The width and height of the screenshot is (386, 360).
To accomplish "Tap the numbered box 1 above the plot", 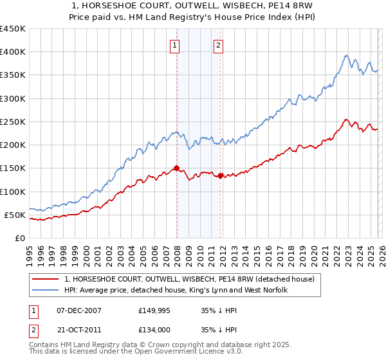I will pyautogui.click(x=175, y=45).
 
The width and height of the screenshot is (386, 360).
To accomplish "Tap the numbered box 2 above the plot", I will pyautogui.click(x=219, y=45).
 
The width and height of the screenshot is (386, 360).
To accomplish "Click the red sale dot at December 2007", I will pyautogui.click(x=176, y=168).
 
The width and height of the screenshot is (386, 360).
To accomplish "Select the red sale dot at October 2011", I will pyautogui.click(x=220, y=175).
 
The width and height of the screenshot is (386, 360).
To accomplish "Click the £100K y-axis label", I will pyautogui.click(x=13, y=192).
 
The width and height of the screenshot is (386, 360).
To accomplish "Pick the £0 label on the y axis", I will pyautogui.click(x=21, y=238).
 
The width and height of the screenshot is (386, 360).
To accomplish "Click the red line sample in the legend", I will pyautogui.click(x=46, y=279).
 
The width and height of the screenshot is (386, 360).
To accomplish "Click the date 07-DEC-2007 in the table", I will pyautogui.click(x=78, y=310).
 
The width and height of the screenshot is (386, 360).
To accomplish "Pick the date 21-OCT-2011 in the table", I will pyautogui.click(x=78, y=330).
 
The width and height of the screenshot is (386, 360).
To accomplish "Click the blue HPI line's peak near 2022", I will pyautogui.click(x=346, y=55).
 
